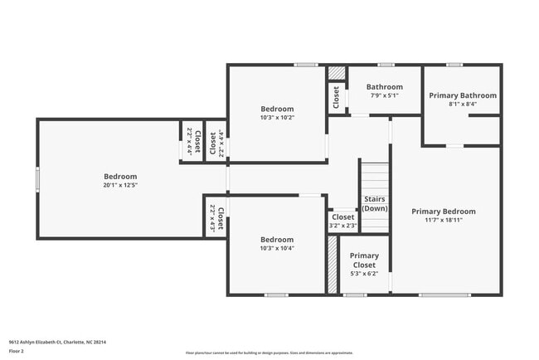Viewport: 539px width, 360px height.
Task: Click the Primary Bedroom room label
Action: click(444, 212)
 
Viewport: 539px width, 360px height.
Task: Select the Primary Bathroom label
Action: click(463, 95)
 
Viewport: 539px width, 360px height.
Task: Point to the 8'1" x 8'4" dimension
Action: click(463, 105)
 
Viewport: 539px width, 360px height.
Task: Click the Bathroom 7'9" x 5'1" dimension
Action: click(385, 95)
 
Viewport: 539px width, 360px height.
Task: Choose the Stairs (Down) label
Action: click(375, 203)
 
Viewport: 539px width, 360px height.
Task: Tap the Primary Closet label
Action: click(364, 260)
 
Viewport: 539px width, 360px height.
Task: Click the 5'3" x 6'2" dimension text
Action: click(364, 273)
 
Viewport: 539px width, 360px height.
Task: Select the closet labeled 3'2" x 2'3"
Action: click(342, 221)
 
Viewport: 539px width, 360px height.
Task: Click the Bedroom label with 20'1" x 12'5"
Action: click(120, 176)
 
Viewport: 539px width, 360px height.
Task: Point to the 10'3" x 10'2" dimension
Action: click(277, 118)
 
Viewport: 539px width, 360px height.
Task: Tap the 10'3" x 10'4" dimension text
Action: click(277, 247)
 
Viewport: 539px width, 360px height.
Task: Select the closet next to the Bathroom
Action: click(336, 98)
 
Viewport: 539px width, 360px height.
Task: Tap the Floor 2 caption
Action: click(17, 351)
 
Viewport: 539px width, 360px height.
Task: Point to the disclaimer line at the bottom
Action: click(269, 353)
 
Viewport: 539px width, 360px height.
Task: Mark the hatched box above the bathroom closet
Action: click(336, 73)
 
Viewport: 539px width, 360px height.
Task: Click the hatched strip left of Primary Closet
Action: click(332, 265)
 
